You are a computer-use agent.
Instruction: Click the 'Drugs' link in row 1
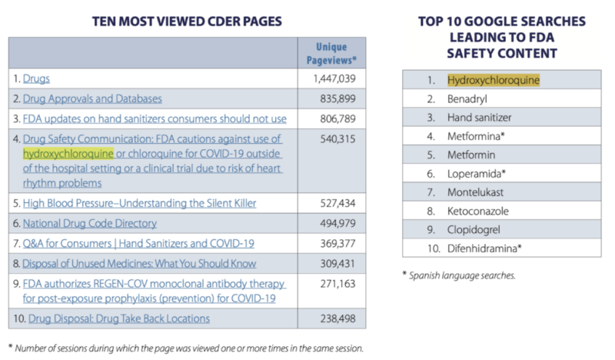[x=36, y=78]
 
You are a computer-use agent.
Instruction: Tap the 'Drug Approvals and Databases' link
[x=92, y=99]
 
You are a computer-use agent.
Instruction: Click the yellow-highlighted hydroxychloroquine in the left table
[x=68, y=154]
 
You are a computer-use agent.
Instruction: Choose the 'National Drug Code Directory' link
[x=89, y=223]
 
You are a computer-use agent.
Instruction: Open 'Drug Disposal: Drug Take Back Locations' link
[x=118, y=318]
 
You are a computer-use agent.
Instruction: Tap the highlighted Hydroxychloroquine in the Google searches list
[x=494, y=80]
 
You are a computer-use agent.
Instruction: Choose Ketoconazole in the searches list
[x=477, y=211]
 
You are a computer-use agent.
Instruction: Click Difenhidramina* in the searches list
[x=484, y=248]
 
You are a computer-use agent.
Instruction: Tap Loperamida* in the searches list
[x=477, y=173]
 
